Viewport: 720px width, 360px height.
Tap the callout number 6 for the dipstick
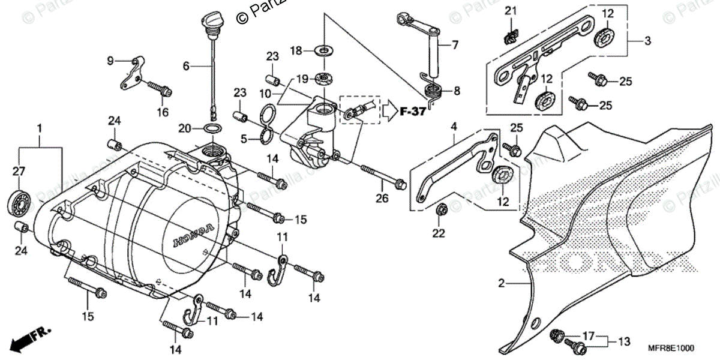pos(186,66)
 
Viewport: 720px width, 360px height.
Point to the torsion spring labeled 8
pos(433,91)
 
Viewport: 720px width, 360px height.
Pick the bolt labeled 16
pos(158,89)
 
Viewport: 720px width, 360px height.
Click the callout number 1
pos(40,128)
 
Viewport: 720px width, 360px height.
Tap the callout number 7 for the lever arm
pos(455,44)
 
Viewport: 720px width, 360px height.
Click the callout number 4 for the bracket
pos(454,127)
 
